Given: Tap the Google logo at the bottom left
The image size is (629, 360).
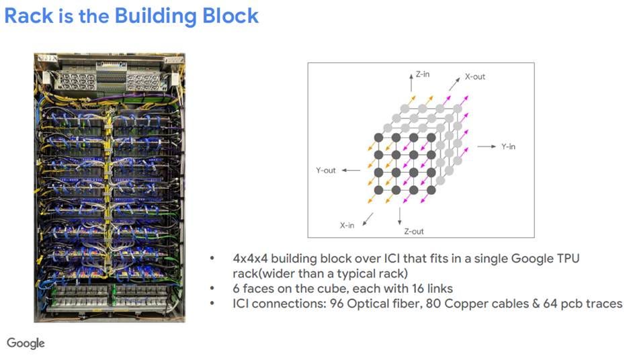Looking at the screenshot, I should click(26, 343).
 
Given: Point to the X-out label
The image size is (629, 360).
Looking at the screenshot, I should click(474, 77).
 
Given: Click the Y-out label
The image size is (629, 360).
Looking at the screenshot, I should click(326, 171).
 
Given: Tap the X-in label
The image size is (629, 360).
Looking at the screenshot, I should click(347, 226).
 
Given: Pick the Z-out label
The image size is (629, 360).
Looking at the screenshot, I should click(413, 232).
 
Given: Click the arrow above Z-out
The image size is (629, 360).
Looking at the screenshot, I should click(400, 215).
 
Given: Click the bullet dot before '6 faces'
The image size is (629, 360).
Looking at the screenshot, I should click(213, 289).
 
